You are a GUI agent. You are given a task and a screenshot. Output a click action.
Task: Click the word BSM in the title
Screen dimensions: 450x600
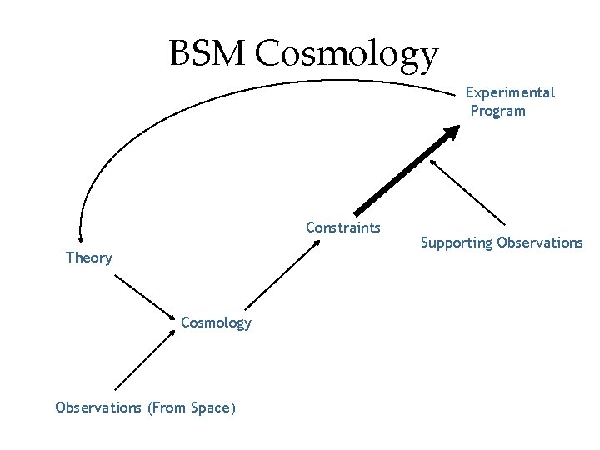[208, 54]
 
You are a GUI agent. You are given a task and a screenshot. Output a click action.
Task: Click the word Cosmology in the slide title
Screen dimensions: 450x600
[347, 56]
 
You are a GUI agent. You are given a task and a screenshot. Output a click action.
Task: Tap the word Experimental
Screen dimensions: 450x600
[510, 92]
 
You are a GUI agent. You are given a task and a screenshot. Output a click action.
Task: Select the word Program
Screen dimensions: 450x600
[498, 111]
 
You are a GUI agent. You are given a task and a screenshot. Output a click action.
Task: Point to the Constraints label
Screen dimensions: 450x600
[343, 227]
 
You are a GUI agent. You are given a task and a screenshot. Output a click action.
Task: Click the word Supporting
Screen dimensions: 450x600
[456, 242]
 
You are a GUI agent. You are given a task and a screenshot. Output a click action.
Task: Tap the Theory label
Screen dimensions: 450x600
[89, 257]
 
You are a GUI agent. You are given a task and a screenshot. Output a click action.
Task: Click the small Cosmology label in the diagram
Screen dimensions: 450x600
[216, 322]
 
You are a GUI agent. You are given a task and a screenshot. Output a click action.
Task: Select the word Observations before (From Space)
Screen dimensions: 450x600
[98, 407]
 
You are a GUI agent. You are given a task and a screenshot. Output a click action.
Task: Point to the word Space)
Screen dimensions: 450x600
[213, 407]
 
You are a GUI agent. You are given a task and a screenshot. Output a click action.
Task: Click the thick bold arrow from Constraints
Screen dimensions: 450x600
[404, 172]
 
